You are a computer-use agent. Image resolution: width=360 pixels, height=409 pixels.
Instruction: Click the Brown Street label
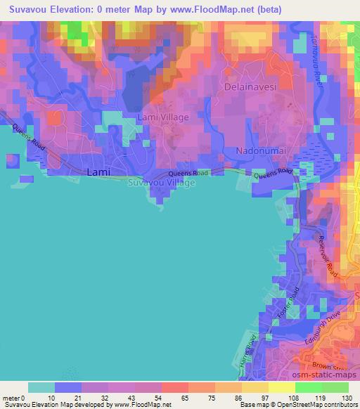click(x=333, y=367)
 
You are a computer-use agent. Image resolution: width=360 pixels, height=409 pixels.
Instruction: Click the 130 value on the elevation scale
click(x=347, y=398)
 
